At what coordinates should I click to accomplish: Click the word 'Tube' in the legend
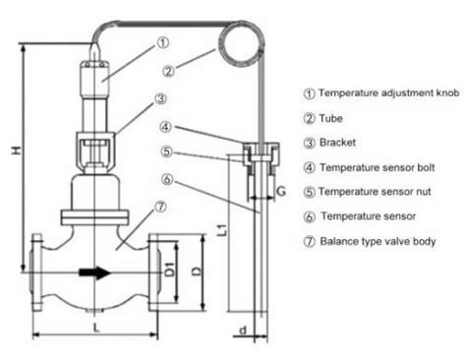coord(331,118)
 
